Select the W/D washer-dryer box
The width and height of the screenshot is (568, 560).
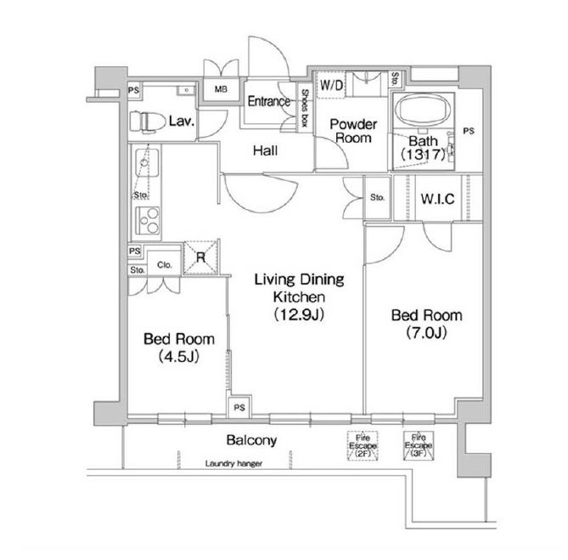[331, 85]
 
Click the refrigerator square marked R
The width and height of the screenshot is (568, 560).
[201, 257]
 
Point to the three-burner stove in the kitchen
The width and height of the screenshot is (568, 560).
[148, 220]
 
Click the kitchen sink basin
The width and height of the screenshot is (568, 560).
[147, 163]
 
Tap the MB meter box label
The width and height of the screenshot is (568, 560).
[221, 89]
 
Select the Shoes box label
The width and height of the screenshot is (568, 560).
[305, 108]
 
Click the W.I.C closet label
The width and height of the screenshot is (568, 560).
[437, 199]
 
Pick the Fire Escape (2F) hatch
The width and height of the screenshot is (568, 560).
[363, 446]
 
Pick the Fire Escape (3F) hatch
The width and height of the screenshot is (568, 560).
[419, 446]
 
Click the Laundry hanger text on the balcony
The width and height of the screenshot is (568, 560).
[233, 464]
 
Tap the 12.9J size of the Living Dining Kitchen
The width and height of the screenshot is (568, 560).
[299, 314]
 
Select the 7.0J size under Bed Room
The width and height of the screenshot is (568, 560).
[426, 332]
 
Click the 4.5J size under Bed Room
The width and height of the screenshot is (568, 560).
[179, 357]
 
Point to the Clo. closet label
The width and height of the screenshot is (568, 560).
[164, 265]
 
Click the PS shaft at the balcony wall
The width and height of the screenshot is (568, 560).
[239, 408]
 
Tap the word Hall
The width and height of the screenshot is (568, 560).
[266, 150]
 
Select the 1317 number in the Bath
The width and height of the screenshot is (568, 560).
[423, 155]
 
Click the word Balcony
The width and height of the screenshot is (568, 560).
[252, 440]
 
